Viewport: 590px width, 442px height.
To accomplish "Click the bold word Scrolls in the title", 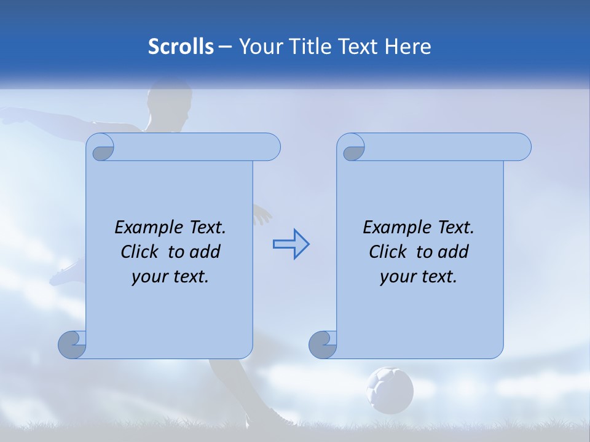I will point(181,47).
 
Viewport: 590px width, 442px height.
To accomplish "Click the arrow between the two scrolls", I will point(291,244).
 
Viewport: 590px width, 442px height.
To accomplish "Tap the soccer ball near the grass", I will point(390,389).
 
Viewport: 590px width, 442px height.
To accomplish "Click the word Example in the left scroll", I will point(144,228).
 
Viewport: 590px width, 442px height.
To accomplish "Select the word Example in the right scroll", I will point(393,228).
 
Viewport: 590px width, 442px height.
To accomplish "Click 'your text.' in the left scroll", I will point(170,276).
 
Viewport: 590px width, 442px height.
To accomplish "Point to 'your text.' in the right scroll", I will point(419,276).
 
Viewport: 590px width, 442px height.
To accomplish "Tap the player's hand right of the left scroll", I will point(262,215).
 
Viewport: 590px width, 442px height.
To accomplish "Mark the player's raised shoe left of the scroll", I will point(66,275).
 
